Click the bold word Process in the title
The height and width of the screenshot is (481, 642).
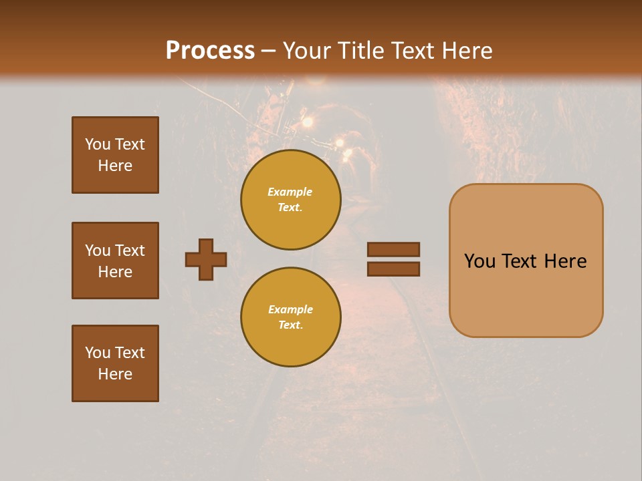click(210, 50)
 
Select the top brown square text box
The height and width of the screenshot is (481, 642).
click(115, 155)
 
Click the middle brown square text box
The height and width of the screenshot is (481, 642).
click(115, 261)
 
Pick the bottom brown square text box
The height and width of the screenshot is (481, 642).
click(115, 363)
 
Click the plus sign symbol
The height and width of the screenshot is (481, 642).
click(206, 259)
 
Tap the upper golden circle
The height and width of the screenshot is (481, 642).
click(291, 199)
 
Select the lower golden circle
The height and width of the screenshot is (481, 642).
click(291, 317)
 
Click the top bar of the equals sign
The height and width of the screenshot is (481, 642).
click(393, 249)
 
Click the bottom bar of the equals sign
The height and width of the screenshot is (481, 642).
click(393, 269)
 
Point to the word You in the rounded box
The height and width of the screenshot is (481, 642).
click(479, 261)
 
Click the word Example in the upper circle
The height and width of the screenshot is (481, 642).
click(290, 192)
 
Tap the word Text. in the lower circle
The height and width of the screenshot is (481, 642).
click(290, 325)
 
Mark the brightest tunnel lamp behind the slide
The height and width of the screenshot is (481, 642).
click(308, 122)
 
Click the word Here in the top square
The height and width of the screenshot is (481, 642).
click(115, 166)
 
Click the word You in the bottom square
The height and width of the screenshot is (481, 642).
click(97, 352)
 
